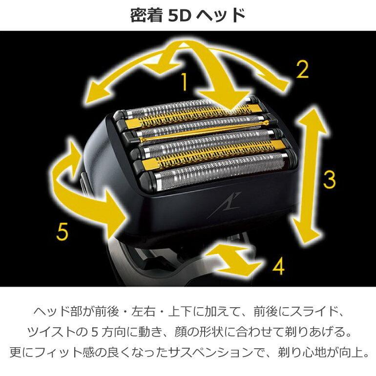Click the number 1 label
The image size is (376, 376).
[x=184, y=82]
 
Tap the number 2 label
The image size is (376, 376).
[x=303, y=70]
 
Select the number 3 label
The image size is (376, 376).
[x=330, y=180]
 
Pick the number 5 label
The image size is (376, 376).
[x=61, y=231]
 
